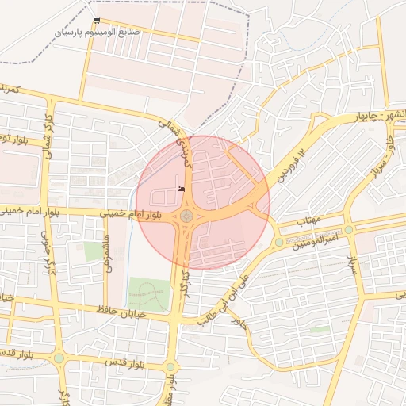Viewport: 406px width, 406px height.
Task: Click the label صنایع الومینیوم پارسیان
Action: [97, 33]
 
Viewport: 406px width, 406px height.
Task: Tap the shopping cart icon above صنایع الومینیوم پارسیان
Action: [97, 21]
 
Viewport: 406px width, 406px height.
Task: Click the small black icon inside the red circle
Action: [180, 189]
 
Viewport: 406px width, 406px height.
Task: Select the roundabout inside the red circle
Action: [186, 216]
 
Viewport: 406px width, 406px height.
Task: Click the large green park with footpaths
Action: [147, 295]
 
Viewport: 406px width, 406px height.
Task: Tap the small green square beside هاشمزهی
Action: [94, 252]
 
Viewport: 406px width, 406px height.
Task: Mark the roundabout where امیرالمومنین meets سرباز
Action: [349, 228]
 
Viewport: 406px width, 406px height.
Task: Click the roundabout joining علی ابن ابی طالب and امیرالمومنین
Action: [279, 242]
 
